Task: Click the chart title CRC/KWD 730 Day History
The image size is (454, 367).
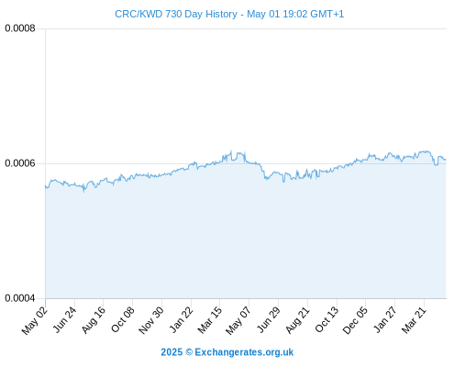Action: (176, 14)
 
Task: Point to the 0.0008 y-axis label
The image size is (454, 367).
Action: (20, 28)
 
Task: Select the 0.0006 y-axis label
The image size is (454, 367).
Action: (20, 163)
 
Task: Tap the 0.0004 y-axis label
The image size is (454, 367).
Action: (20, 298)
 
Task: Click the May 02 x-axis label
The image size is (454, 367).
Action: (35, 320)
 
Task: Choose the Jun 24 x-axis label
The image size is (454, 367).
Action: (65, 319)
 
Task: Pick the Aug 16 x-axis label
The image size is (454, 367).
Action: (94, 319)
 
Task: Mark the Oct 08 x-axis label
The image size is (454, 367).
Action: (123, 319)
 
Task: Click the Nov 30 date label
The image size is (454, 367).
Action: (151, 320)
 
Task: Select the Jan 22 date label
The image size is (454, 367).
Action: (182, 319)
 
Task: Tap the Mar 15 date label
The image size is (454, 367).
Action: (210, 320)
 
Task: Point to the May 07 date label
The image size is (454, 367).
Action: (238, 320)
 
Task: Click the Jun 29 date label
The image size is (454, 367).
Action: (269, 319)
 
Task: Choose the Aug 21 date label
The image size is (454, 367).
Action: (298, 319)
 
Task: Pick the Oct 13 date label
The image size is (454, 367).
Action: (327, 319)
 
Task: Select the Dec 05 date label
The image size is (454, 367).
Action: (355, 320)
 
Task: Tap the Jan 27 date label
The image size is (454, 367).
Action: (385, 319)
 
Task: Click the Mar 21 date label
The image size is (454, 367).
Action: (414, 320)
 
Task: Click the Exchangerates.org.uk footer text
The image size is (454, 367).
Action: (244, 352)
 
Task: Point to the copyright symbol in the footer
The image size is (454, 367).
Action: (189, 352)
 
